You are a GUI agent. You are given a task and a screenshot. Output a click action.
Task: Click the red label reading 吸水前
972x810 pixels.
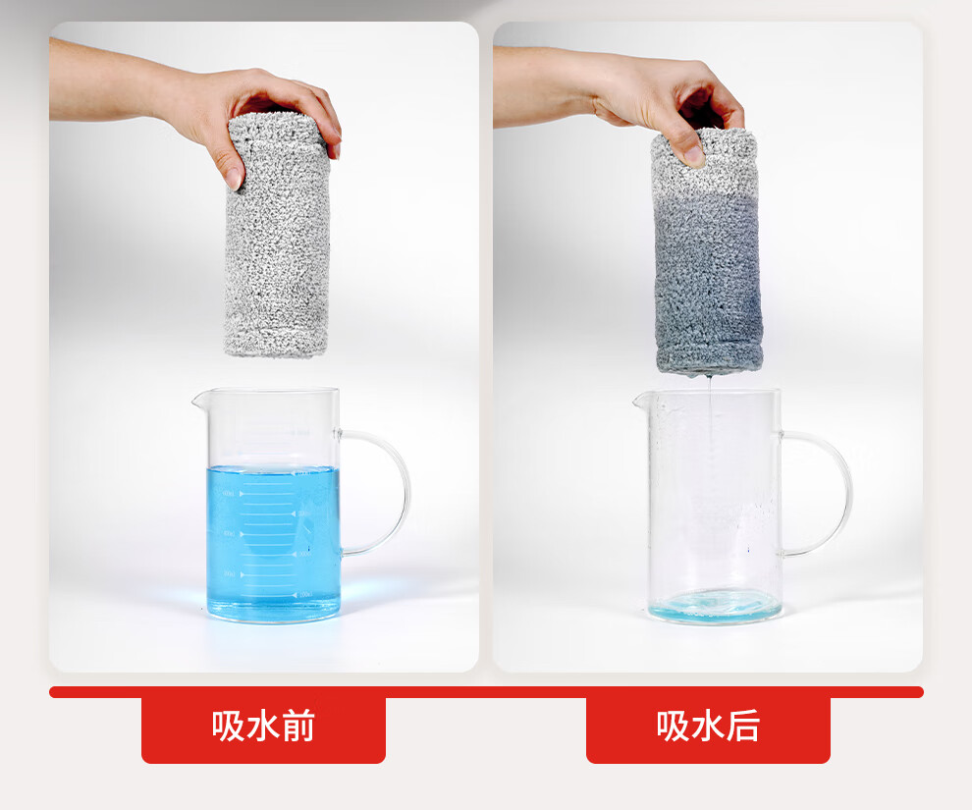pos(263,727)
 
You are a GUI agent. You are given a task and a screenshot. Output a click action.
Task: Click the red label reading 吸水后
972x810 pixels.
pos(708,727)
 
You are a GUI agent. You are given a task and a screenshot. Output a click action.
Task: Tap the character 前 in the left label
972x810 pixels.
pos(298,726)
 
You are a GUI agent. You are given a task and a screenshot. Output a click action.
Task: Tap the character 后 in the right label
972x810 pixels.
pos(742,726)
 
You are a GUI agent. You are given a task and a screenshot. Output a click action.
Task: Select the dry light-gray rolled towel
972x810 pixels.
pos(277,236)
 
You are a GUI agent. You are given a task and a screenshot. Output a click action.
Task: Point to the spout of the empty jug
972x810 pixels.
pos(640,401)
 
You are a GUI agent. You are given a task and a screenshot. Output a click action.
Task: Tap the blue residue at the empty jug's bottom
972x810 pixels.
pos(715,606)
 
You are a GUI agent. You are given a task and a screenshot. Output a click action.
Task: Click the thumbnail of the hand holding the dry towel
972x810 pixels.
pos(234,178)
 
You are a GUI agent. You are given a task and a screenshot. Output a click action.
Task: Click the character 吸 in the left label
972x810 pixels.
pos(228,726)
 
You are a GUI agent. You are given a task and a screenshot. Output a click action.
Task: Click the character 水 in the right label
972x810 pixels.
pos(708,726)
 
